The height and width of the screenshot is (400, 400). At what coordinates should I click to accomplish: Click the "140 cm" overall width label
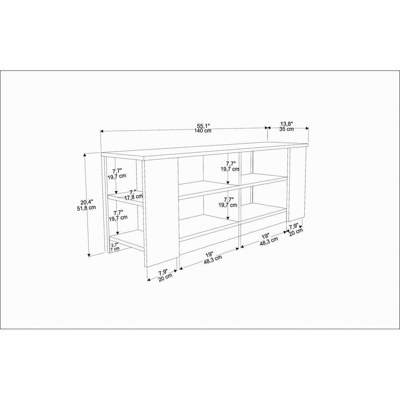pos(203,131)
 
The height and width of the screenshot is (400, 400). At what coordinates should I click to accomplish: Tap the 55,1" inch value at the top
pos(203,126)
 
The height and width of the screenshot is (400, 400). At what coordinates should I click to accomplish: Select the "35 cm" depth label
pos(286,129)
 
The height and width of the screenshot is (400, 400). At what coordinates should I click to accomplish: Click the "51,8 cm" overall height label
pos(86,208)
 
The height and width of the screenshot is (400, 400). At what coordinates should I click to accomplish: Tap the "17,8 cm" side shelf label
pos(134,197)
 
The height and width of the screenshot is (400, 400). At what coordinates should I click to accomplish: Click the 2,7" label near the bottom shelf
pos(114,244)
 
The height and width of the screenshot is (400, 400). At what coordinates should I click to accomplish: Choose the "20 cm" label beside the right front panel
pos(296,232)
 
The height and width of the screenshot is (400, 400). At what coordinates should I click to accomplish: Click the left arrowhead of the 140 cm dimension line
pos(102,131)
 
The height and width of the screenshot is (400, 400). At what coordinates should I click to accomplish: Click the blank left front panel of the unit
pos(161,212)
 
